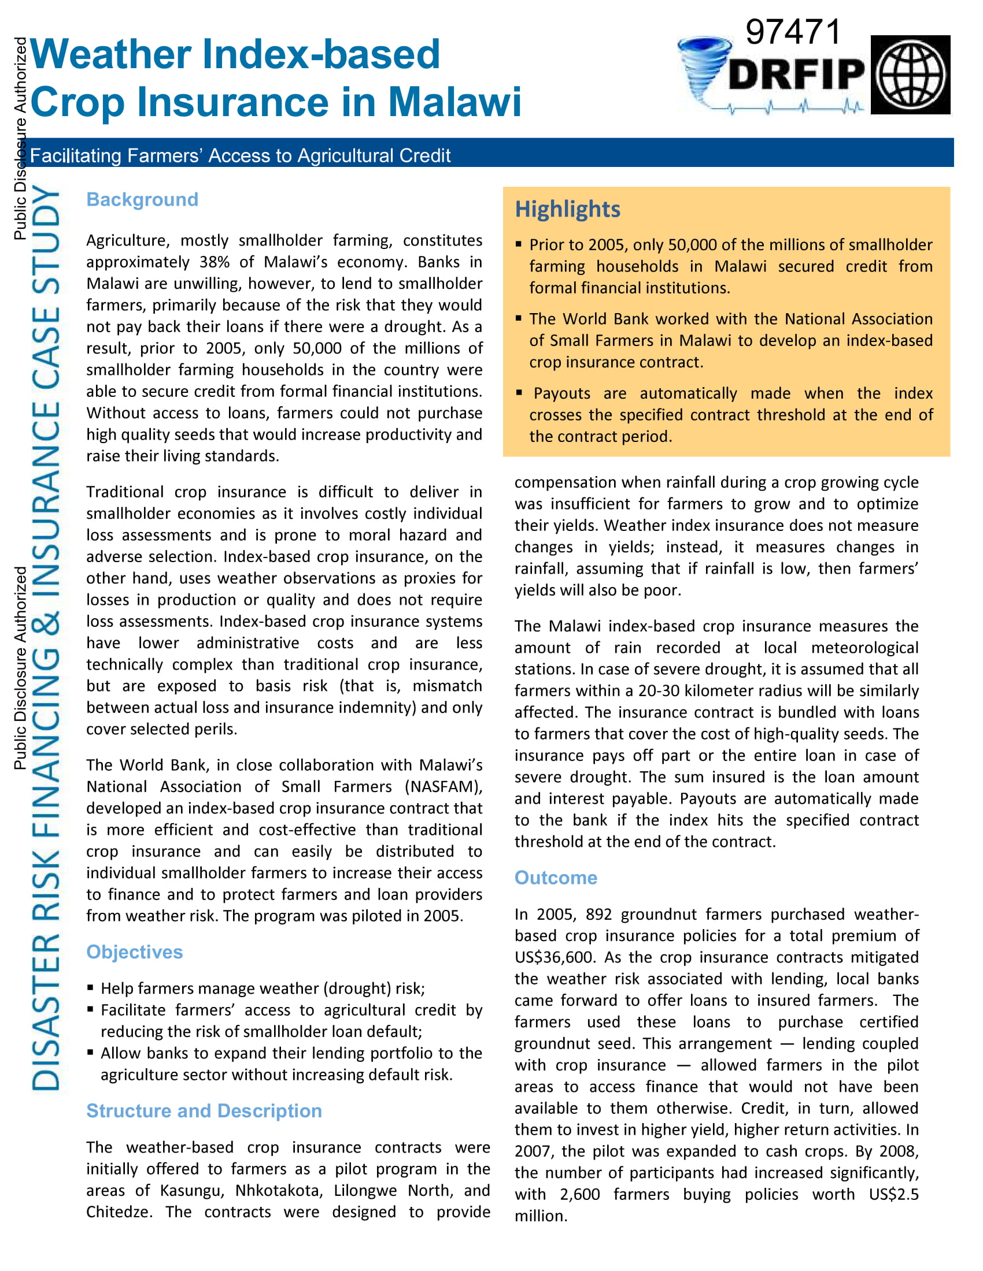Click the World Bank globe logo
[x=910, y=75]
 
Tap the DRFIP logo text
[x=797, y=75]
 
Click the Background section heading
[x=142, y=200]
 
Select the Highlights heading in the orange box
[x=567, y=209]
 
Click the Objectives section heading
[x=135, y=952]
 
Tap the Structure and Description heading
[x=204, y=1111]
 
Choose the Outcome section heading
[x=556, y=878]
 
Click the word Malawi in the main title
[x=454, y=102]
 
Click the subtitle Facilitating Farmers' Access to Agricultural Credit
[x=240, y=156]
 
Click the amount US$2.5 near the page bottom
[x=893, y=1195]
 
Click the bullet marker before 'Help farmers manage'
[x=91, y=987]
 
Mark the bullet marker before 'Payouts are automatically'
[x=519, y=393]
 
